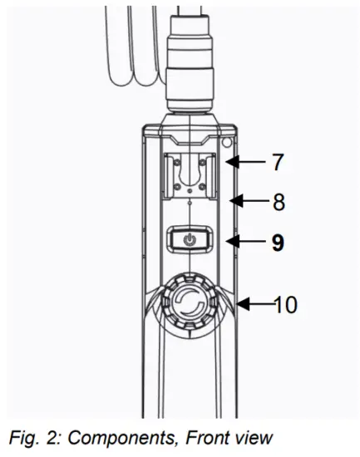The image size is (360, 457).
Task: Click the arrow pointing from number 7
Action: (245, 162)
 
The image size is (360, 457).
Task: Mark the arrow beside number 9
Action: (244, 242)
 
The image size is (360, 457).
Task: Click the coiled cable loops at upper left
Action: (125, 50)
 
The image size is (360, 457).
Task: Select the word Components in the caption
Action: (126, 437)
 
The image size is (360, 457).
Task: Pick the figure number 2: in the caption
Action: (52, 437)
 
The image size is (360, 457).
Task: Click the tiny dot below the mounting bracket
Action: (191, 203)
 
